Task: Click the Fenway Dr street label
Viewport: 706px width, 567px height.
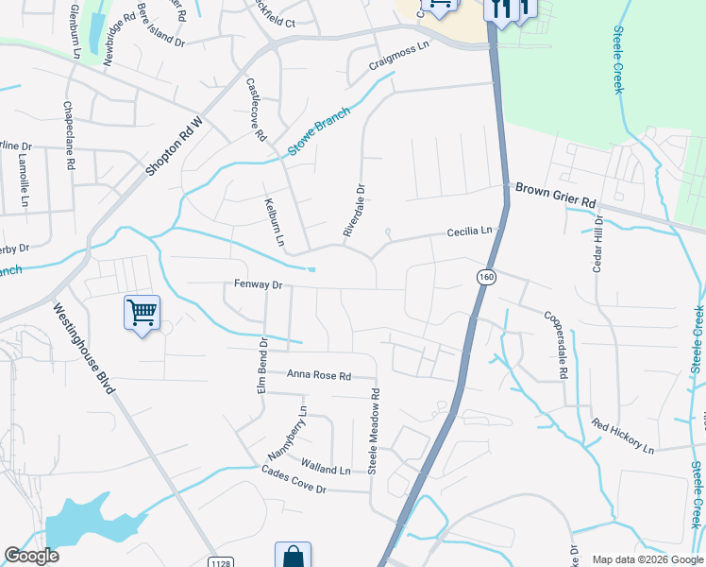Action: click(x=258, y=284)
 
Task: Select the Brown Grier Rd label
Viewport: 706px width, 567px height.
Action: click(x=556, y=195)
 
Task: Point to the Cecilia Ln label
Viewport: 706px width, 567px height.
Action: click(x=470, y=232)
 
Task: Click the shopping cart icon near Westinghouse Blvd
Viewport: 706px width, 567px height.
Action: click(x=142, y=312)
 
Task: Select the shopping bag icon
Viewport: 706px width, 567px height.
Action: click(x=293, y=556)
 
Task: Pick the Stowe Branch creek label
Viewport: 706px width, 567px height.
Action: click(x=318, y=131)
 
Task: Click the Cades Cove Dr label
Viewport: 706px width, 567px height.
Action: click(x=294, y=482)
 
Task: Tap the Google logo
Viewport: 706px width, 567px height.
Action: click(x=31, y=556)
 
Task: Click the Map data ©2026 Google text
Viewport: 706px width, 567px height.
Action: click(x=647, y=559)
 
